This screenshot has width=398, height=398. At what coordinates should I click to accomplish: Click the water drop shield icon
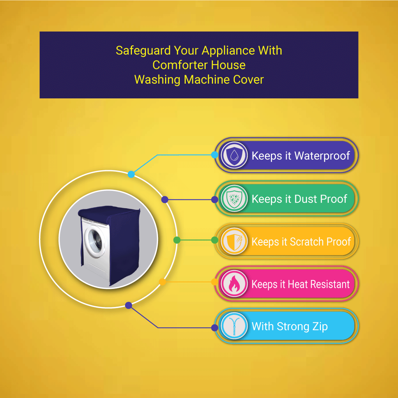[x=234, y=156]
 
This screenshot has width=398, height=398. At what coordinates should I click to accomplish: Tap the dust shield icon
[x=234, y=199]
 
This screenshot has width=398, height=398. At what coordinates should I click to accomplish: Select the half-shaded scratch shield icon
[x=234, y=242]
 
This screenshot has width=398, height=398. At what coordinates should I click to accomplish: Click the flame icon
[x=234, y=284]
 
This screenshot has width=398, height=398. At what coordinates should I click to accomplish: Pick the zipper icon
[x=234, y=327]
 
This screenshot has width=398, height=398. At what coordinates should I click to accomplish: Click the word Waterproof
[x=322, y=156]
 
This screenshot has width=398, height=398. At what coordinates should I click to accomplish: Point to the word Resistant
[x=330, y=284]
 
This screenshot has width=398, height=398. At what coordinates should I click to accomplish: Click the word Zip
[x=319, y=327]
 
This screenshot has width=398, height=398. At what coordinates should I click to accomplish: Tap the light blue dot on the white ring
[x=131, y=174]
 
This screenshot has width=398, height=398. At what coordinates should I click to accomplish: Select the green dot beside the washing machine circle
[x=177, y=240]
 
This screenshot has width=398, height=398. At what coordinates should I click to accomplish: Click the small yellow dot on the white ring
[x=162, y=282]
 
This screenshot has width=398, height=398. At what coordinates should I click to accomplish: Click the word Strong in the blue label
[x=293, y=327]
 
